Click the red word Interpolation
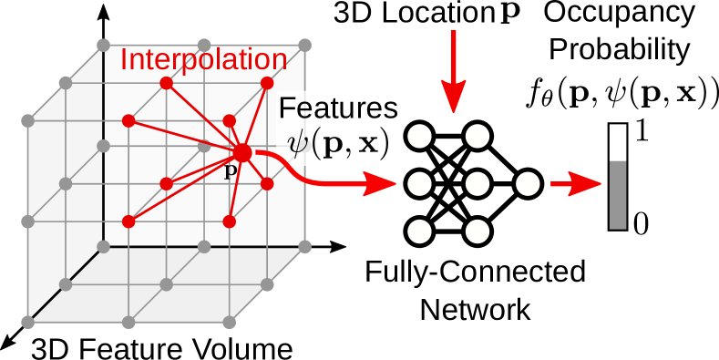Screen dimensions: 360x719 point(203,60)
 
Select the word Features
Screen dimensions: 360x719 point(338,108)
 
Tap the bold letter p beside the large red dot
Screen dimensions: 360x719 point(231,170)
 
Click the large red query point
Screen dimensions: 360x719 point(241,152)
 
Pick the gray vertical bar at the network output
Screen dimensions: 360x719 point(618,194)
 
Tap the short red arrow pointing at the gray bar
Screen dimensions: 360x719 point(575,185)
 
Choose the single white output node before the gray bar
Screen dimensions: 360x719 point(528,184)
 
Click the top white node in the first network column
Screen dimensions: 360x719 point(419,137)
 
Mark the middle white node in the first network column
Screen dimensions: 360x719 point(419,184)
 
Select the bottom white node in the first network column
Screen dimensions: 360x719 point(419,231)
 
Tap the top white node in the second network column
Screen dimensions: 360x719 point(478,137)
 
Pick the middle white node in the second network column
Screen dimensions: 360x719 point(478,184)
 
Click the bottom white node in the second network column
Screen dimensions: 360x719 point(478,231)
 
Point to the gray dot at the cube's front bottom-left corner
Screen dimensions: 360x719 point(27,322)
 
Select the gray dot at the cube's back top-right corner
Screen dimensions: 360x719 point(305,45)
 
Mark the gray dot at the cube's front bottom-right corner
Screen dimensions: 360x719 point(230,322)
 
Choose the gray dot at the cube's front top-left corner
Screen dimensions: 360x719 point(27,120)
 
